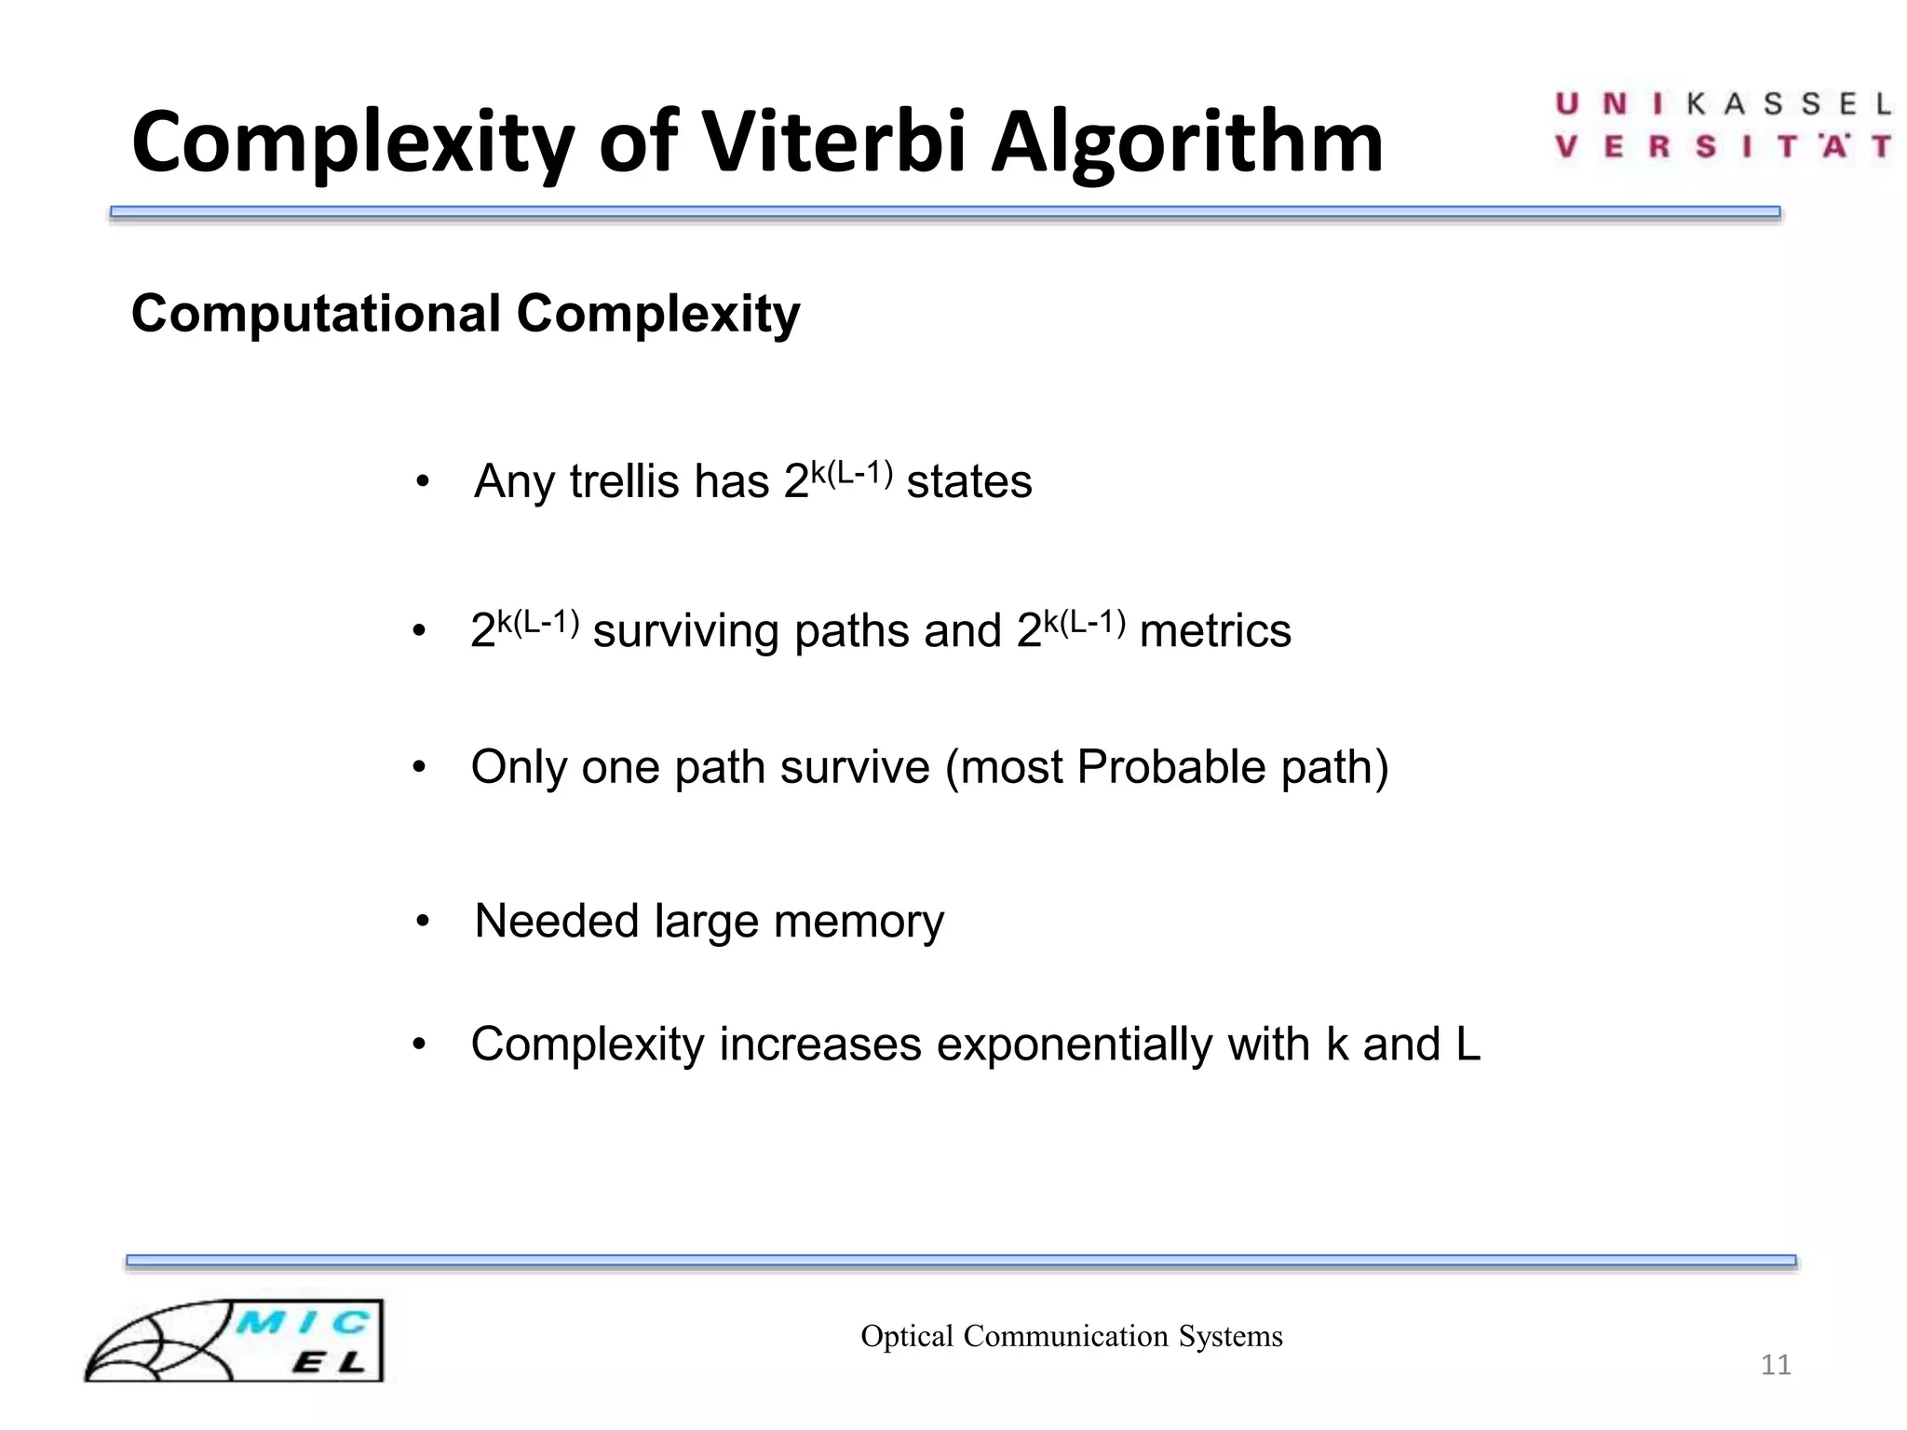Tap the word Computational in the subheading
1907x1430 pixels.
click(x=316, y=314)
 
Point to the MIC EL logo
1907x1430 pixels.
click(x=234, y=1341)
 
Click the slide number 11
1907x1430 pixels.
click(x=1776, y=1365)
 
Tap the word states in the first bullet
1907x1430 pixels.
click(x=969, y=482)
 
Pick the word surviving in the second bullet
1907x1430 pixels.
click(x=686, y=631)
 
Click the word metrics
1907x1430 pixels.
click(x=1215, y=631)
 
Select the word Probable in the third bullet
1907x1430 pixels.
click(x=1170, y=767)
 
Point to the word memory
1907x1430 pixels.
click(x=859, y=922)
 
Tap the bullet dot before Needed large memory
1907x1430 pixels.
click(x=423, y=922)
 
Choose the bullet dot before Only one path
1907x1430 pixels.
click(x=420, y=768)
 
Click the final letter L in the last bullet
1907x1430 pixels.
click(x=1467, y=1044)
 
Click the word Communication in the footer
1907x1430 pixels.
click(x=1065, y=1336)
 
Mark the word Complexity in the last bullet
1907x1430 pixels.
click(x=588, y=1044)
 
